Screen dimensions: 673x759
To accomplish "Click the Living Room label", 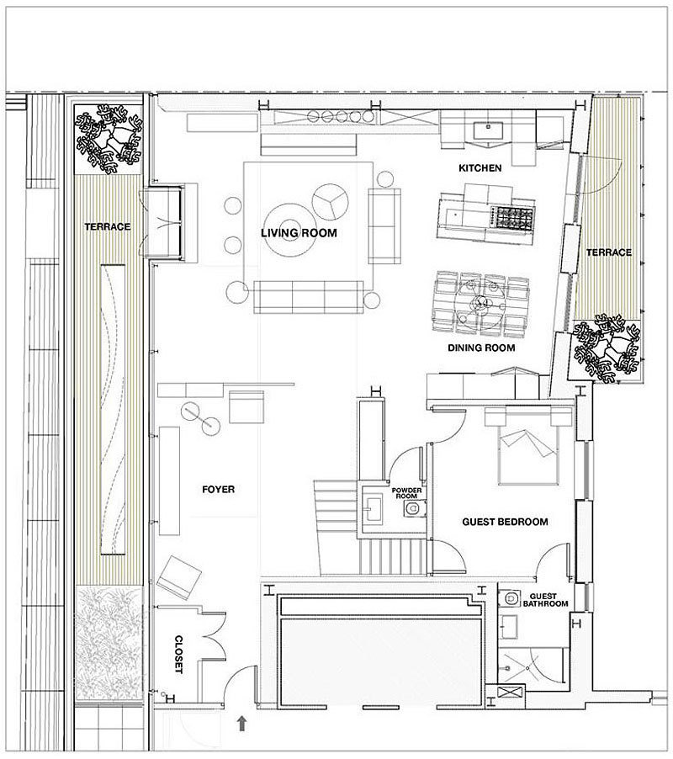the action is (299, 233).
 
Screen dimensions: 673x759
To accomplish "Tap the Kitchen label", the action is (480, 168).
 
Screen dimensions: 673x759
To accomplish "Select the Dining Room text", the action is (481, 348).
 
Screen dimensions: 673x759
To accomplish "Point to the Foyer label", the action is (218, 490).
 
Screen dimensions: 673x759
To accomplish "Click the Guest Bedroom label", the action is (505, 522).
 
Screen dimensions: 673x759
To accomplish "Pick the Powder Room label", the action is (406, 493).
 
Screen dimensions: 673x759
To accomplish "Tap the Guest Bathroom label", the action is (545, 600).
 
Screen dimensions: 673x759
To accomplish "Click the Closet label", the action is (178, 655).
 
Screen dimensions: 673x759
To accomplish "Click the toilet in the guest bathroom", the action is (510, 599).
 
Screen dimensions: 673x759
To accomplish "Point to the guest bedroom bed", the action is (527, 446).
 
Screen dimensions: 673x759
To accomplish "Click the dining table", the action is (481, 304).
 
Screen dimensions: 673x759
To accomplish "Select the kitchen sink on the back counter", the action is (488, 130).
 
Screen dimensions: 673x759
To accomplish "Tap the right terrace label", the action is (609, 252).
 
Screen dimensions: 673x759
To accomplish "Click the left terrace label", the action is (108, 226).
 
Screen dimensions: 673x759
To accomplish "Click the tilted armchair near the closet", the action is (178, 577).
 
